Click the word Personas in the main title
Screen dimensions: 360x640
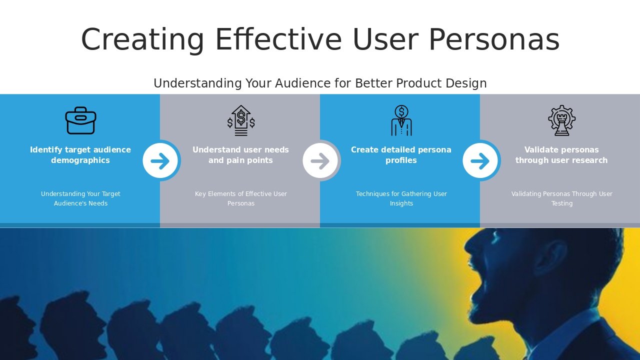[x=493, y=40]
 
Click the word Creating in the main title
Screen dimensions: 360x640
[x=142, y=40]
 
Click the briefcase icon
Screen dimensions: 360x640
[x=80, y=120]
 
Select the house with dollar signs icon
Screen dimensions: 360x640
[x=241, y=120]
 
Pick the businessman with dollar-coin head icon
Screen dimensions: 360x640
[x=401, y=120]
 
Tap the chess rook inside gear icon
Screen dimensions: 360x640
[x=561, y=120]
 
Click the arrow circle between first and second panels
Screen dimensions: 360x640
[x=160, y=160]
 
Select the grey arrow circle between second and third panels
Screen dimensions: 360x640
[x=320, y=160]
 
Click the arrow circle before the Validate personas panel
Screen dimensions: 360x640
[x=480, y=160]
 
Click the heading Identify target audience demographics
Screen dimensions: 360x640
[x=80, y=155]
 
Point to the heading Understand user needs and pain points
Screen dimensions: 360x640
[x=241, y=155]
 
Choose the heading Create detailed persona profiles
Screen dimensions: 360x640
[x=401, y=155]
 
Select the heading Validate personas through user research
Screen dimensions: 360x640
[x=561, y=155]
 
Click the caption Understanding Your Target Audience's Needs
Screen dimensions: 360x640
[x=80, y=198]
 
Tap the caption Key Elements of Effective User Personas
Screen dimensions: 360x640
[x=241, y=198]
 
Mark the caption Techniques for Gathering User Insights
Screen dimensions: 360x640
[x=401, y=198]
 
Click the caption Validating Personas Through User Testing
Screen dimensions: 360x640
[x=561, y=198]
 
